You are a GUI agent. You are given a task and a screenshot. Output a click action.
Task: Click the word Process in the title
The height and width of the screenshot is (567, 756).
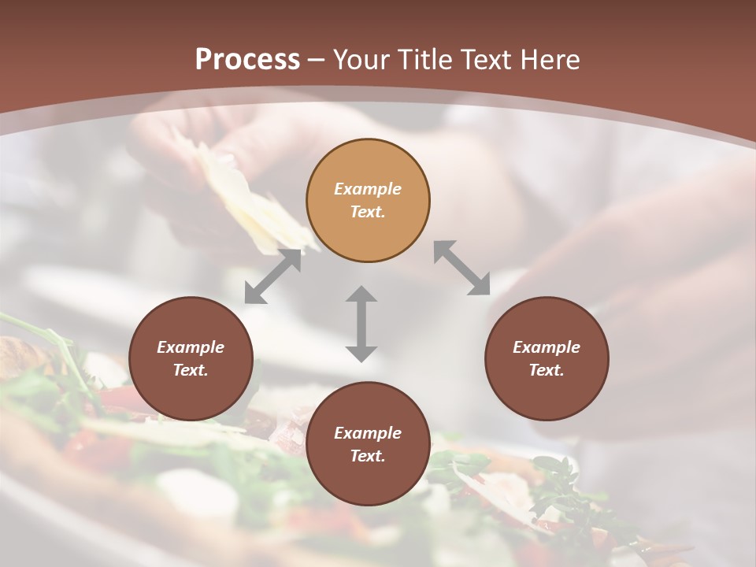pos(247,60)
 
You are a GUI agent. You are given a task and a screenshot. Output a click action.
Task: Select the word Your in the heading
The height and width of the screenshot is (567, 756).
pos(364,60)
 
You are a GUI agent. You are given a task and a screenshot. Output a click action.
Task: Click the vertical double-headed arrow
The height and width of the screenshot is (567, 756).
pos(361,324)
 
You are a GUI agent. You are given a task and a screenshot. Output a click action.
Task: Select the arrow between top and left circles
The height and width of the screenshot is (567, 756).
pos(272,276)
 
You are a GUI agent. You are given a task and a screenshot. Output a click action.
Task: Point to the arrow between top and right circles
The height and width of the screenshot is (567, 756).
pos(461,268)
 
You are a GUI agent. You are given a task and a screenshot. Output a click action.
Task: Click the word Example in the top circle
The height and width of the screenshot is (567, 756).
pos(368,189)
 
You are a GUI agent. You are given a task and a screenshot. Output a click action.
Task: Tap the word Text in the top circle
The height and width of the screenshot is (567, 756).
pos(366,212)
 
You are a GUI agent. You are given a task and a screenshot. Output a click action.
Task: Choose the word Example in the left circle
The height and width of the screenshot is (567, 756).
pos(191,347)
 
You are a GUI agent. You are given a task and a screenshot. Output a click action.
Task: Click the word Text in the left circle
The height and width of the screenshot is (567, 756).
pos(190,370)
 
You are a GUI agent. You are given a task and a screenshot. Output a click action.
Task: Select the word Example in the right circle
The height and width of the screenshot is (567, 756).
pos(547,347)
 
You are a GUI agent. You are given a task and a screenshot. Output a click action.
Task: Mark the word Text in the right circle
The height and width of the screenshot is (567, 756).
pos(546,370)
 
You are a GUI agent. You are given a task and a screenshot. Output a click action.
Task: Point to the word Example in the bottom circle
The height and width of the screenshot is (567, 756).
pos(368,433)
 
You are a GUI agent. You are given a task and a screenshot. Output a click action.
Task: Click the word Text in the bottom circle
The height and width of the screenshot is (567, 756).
pos(366,456)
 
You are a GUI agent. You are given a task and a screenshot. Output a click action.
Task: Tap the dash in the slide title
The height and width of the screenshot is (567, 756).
pos(317,61)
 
